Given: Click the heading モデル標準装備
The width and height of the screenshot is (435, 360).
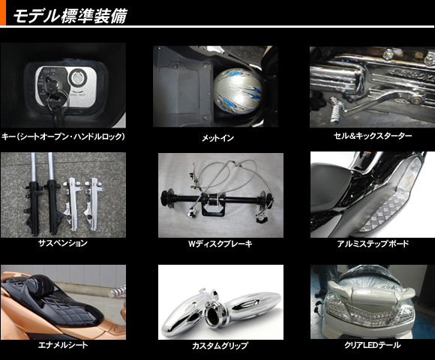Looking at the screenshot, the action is pos(70,15).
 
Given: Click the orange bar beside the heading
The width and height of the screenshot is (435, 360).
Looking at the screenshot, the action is pos(3,13).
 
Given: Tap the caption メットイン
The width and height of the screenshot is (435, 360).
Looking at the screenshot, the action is pos(217,138).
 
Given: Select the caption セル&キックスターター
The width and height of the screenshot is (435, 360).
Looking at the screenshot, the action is pos(372,136).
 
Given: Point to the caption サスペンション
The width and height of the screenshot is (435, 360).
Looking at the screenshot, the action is pos(63,243).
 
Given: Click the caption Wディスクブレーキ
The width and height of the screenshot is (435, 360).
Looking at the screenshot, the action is pos(220,244).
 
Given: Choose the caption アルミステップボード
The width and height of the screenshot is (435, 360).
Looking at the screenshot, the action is pos(373,244).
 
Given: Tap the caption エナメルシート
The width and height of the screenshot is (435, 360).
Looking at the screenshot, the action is pos(63,345).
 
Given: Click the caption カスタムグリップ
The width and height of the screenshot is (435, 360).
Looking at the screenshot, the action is pos(220,346).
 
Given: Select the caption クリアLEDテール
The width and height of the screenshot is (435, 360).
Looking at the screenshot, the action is pos(373,345).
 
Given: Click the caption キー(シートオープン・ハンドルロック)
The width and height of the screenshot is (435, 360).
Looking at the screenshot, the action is pos(63,136).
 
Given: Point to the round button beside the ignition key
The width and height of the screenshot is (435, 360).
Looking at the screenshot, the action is pos(77,79).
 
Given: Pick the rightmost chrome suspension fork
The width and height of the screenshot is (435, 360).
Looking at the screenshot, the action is pos(93,204).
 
